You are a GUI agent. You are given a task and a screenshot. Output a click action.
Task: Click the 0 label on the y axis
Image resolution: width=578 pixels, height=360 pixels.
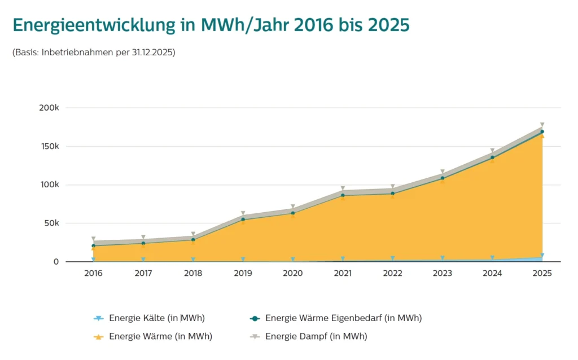coord(56,262)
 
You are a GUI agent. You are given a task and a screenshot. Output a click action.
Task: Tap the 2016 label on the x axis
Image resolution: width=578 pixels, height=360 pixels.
coord(93,273)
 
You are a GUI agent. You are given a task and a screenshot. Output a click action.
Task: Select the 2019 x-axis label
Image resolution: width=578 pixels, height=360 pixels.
coord(243,273)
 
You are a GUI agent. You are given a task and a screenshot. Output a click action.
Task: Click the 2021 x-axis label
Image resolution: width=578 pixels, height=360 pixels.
coord(343,273)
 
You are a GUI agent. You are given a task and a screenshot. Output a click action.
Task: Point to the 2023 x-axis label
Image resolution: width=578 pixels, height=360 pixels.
coord(443,273)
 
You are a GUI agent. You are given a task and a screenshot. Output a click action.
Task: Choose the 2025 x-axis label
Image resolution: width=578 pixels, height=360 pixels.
coord(542,273)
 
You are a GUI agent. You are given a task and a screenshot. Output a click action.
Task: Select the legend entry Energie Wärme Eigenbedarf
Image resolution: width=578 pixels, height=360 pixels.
coord(343,318)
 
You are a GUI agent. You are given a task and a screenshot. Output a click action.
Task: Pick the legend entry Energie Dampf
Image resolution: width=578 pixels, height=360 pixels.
coord(316,337)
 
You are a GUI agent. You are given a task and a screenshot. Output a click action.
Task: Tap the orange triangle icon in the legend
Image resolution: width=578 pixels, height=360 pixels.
coord(98,337)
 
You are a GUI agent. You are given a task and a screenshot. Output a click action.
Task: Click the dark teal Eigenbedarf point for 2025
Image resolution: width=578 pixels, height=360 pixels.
coord(542,131)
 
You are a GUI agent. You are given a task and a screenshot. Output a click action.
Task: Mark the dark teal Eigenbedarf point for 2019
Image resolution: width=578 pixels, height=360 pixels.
coord(243,219)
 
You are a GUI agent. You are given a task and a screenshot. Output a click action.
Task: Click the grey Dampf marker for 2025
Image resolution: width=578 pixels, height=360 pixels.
coord(542,125)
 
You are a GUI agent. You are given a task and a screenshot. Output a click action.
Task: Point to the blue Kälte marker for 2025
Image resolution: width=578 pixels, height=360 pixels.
coord(542,256)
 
